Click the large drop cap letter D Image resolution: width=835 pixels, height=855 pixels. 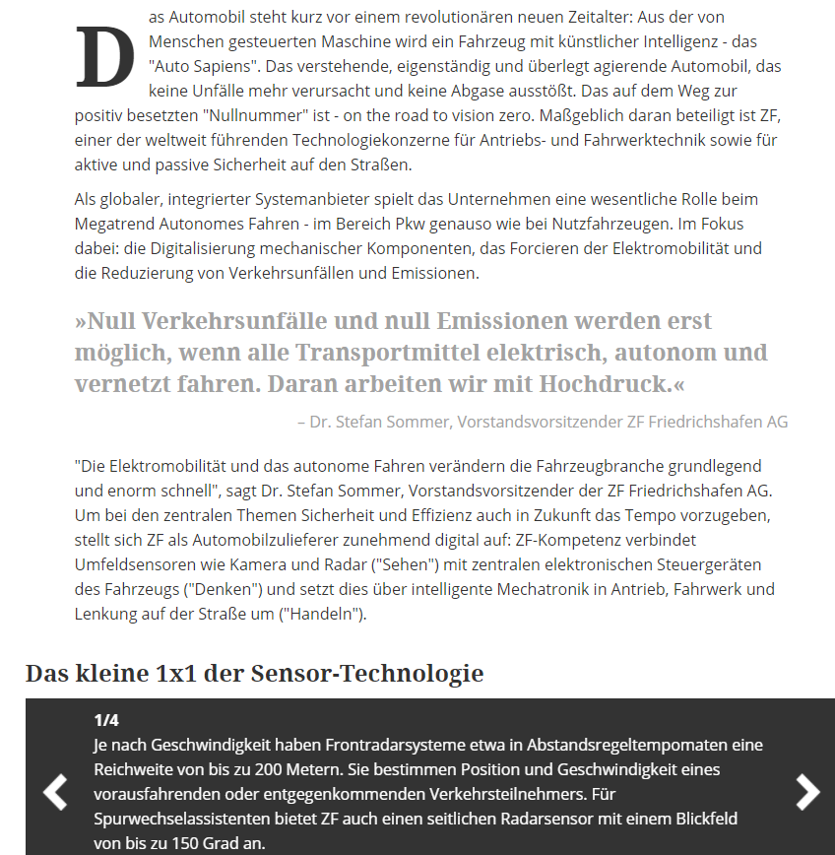pyautogui.click(x=104, y=57)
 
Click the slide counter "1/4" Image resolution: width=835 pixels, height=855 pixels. pyautogui.click(x=106, y=720)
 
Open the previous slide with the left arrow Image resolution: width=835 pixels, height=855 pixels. pyautogui.click(x=55, y=792)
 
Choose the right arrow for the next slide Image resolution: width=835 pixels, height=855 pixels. pyautogui.click(x=807, y=792)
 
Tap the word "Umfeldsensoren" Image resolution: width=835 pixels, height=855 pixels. pyautogui.click(x=134, y=564)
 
